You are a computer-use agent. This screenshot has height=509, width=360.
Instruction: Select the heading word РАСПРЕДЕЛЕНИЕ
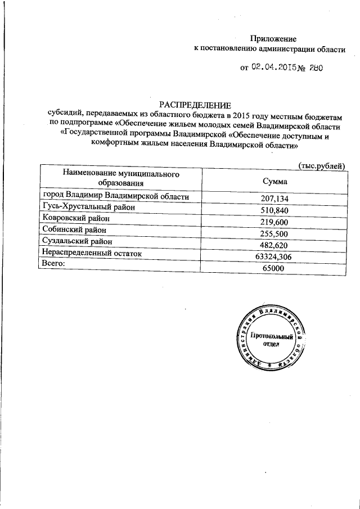pyautogui.click(x=195, y=105)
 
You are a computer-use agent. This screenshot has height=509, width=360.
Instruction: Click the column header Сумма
pyautogui.click(x=275, y=182)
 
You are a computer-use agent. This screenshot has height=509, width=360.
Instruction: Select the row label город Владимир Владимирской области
pyautogui.click(x=116, y=196)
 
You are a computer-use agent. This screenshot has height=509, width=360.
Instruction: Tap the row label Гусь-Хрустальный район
pyautogui.click(x=83, y=208)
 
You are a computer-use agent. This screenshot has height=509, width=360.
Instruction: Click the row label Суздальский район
pyautogui.click(x=76, y=241)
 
